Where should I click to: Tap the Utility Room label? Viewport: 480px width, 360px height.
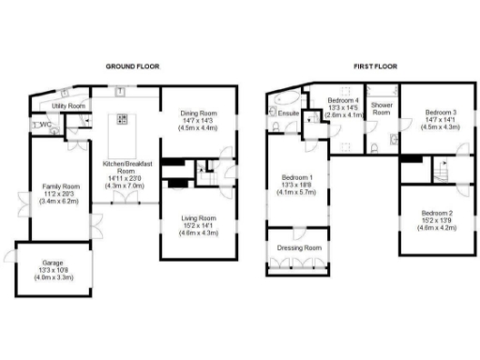pyautogui.click(x=68, y=107)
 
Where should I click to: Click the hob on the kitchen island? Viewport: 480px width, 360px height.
pyautogui.click(x=122, y=119)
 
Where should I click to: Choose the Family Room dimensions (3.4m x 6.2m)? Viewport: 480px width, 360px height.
pyautogui.click(x=59, y=202)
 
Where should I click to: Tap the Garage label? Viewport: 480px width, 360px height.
pyautogui.click(x=53, y=262)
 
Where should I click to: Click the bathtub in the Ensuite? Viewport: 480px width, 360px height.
pyautogui.click(x=283, y=97)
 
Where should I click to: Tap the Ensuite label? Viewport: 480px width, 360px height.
pyautogui.click(x=288, y=114)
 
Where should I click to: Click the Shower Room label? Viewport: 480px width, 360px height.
pyautogui.click(x=382, y=108)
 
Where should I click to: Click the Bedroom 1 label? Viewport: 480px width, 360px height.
pyautogui.click(x=298, y=177)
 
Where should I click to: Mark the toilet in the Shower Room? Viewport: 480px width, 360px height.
pyautogui.click(x=373, y=147)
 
